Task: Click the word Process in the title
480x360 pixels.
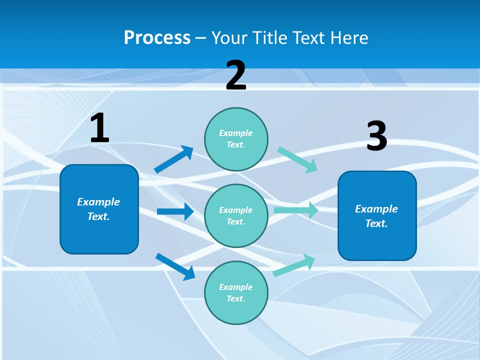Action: (157, 38)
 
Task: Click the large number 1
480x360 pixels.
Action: (99, 128)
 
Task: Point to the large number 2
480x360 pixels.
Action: (236, 75)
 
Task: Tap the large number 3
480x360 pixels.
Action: (376, 136)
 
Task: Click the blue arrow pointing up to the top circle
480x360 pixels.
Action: (174, 159)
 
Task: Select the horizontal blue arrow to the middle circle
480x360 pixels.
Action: (175, 211)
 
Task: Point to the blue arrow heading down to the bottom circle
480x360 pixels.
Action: (175, 266)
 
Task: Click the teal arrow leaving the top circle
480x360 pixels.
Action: (297, 159)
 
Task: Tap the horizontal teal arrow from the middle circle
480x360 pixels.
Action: (295, 210)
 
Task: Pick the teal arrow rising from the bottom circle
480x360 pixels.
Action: (294, 265)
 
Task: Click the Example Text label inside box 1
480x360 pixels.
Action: (98, 209)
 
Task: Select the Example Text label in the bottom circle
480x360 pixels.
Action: (236, 293)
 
